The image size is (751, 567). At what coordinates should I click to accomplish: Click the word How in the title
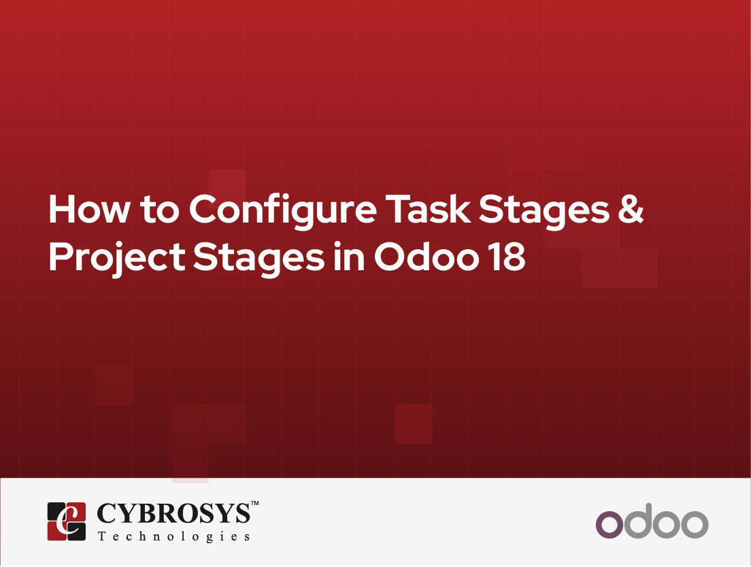89,209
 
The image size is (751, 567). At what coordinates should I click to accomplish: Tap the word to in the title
160,210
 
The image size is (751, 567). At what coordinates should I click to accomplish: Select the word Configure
283,212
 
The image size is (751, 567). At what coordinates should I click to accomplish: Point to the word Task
428,209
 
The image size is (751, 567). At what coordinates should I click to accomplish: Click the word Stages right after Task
544,212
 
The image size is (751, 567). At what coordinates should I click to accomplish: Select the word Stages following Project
258,259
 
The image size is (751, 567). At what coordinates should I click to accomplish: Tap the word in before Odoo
349,256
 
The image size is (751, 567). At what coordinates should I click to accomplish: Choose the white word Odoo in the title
427,256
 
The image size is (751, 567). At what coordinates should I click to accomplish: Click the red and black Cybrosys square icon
67,521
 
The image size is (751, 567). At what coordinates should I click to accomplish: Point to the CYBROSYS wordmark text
173,513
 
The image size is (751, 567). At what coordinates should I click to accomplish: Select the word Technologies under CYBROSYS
174,536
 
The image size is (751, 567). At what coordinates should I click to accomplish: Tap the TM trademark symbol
255,503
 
